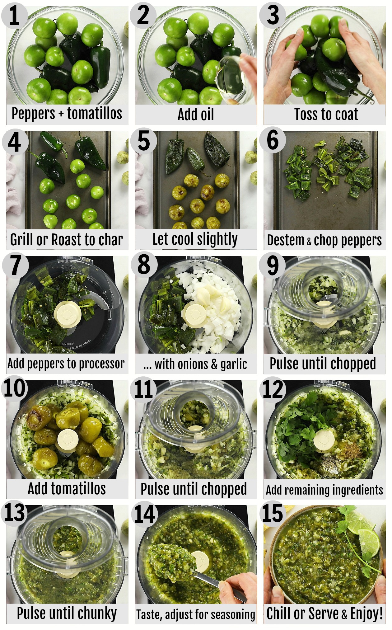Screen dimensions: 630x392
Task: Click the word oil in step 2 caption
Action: (x=205, y=114)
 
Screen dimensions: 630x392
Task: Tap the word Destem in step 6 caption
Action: (x=286, y=240)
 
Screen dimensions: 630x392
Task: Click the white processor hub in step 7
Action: (x=68, y=314)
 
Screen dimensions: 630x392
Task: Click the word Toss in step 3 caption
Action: (x=306, y=114)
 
